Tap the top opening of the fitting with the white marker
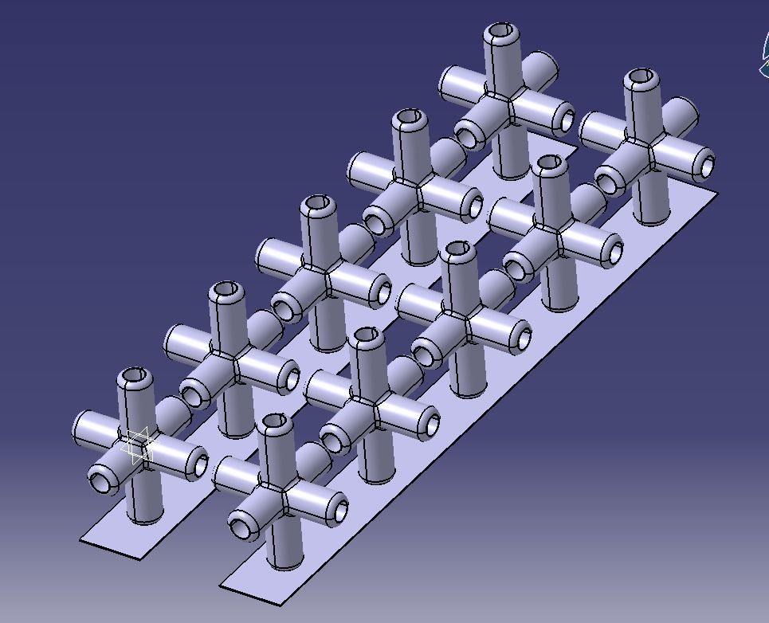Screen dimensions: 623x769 (134, 375)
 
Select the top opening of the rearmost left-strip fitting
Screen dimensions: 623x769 (501, 32)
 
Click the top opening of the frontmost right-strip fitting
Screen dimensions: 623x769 (276, 421)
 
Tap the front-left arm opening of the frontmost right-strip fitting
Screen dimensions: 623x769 (241, 526)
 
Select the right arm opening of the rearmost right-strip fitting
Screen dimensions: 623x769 (706, 167)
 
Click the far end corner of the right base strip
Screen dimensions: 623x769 (716, 193)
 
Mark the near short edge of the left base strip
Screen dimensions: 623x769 (111, 549)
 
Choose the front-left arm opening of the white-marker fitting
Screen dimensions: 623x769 (101, 480)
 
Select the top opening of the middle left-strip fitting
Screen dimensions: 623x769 (317, 203)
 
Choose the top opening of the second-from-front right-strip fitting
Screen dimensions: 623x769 (367, 335)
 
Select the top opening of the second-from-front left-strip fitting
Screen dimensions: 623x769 (226, 289)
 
